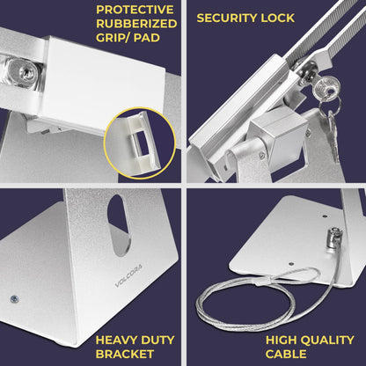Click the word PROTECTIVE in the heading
click(135, 10)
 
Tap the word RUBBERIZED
click(136, 24)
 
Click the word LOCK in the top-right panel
click(278, 18)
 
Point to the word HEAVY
click(116, 340)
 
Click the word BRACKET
click(125, 354)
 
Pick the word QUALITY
click(326, 340)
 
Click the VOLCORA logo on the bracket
click(128, 275)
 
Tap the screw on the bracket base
click(14, 299)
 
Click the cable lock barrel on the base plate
click(333, 239)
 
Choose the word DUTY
click(157, 340)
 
